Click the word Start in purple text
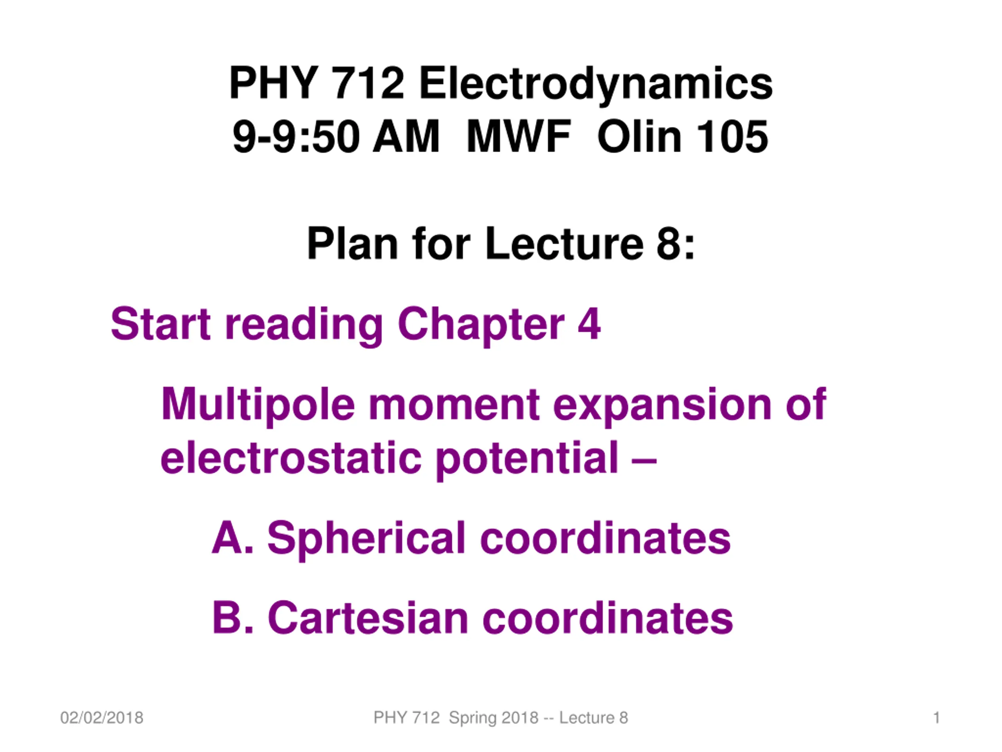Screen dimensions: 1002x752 [x=161, y=324]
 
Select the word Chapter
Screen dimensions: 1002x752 [x=481, y=325]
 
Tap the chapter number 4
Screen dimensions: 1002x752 [x=589, y=324]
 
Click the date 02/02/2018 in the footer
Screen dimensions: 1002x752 [x=102, y=718]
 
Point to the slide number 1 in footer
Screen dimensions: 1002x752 [x=936, y=718]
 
